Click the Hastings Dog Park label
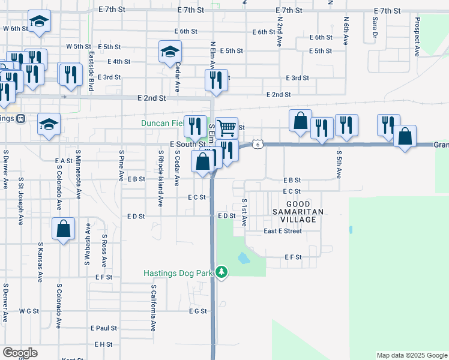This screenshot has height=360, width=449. pyautogui.click(x=178, y=273)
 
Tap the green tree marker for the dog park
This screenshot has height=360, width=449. pyautogui.click(x=222, y=272)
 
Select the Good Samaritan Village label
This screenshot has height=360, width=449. pyautogui.click(x=298, y=212)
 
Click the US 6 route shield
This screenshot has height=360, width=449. pyautogui.click(x=257, y=144)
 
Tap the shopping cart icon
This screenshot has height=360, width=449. pyautogui.click(x=226, y=127)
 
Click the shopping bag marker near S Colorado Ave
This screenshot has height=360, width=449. pyautogui.click(x=63, y=229)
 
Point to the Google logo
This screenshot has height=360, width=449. pyautogui.click(x=20, y=353)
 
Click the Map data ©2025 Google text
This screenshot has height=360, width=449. pyautogui.click(x=411, y=355)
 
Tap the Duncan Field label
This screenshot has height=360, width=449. pyautogui.click(x=162, y=124)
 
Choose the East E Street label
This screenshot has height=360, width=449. pyautogui.click(x=283, y=231)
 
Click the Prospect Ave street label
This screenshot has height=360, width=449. pyautogui.click(x=416, y=37)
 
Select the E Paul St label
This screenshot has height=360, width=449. pyautogui.click(x=104, y=328)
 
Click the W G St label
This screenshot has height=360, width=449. pyautogui.click(x=28, y=311)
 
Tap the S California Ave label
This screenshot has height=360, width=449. pyautogui.click(x=153, y=308)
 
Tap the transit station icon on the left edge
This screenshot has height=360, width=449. pyautogui.click(x=20, y=118)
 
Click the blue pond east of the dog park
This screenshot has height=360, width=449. pyautogui.click(x=244, y=259)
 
